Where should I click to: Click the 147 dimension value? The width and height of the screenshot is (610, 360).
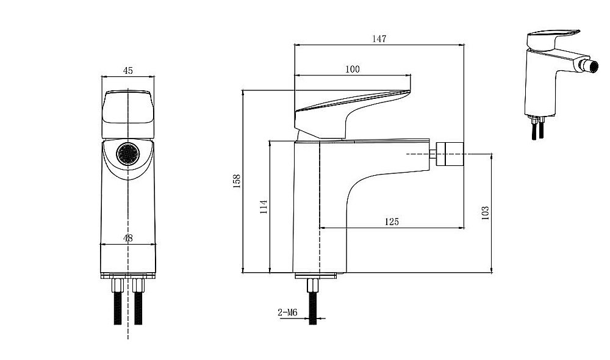379,38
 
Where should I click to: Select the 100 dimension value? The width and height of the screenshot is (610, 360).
353,70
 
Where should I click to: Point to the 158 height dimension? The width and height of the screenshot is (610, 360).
237,181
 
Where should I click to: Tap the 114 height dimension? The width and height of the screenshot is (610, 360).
264,207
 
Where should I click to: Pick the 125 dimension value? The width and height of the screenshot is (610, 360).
392,222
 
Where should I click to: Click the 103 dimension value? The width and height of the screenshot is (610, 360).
485,214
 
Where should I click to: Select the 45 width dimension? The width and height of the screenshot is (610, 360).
127,70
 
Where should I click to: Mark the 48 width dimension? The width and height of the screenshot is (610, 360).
127,238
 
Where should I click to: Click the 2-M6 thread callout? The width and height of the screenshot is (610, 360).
287,312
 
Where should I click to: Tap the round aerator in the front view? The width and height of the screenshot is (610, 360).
128,154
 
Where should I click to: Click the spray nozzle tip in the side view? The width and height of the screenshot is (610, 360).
450,154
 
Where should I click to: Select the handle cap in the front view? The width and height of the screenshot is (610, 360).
128,115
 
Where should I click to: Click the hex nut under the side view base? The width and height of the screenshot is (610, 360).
313,286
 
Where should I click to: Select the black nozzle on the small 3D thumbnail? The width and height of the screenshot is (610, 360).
587,65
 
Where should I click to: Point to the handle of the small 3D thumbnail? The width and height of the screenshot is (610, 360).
553,40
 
